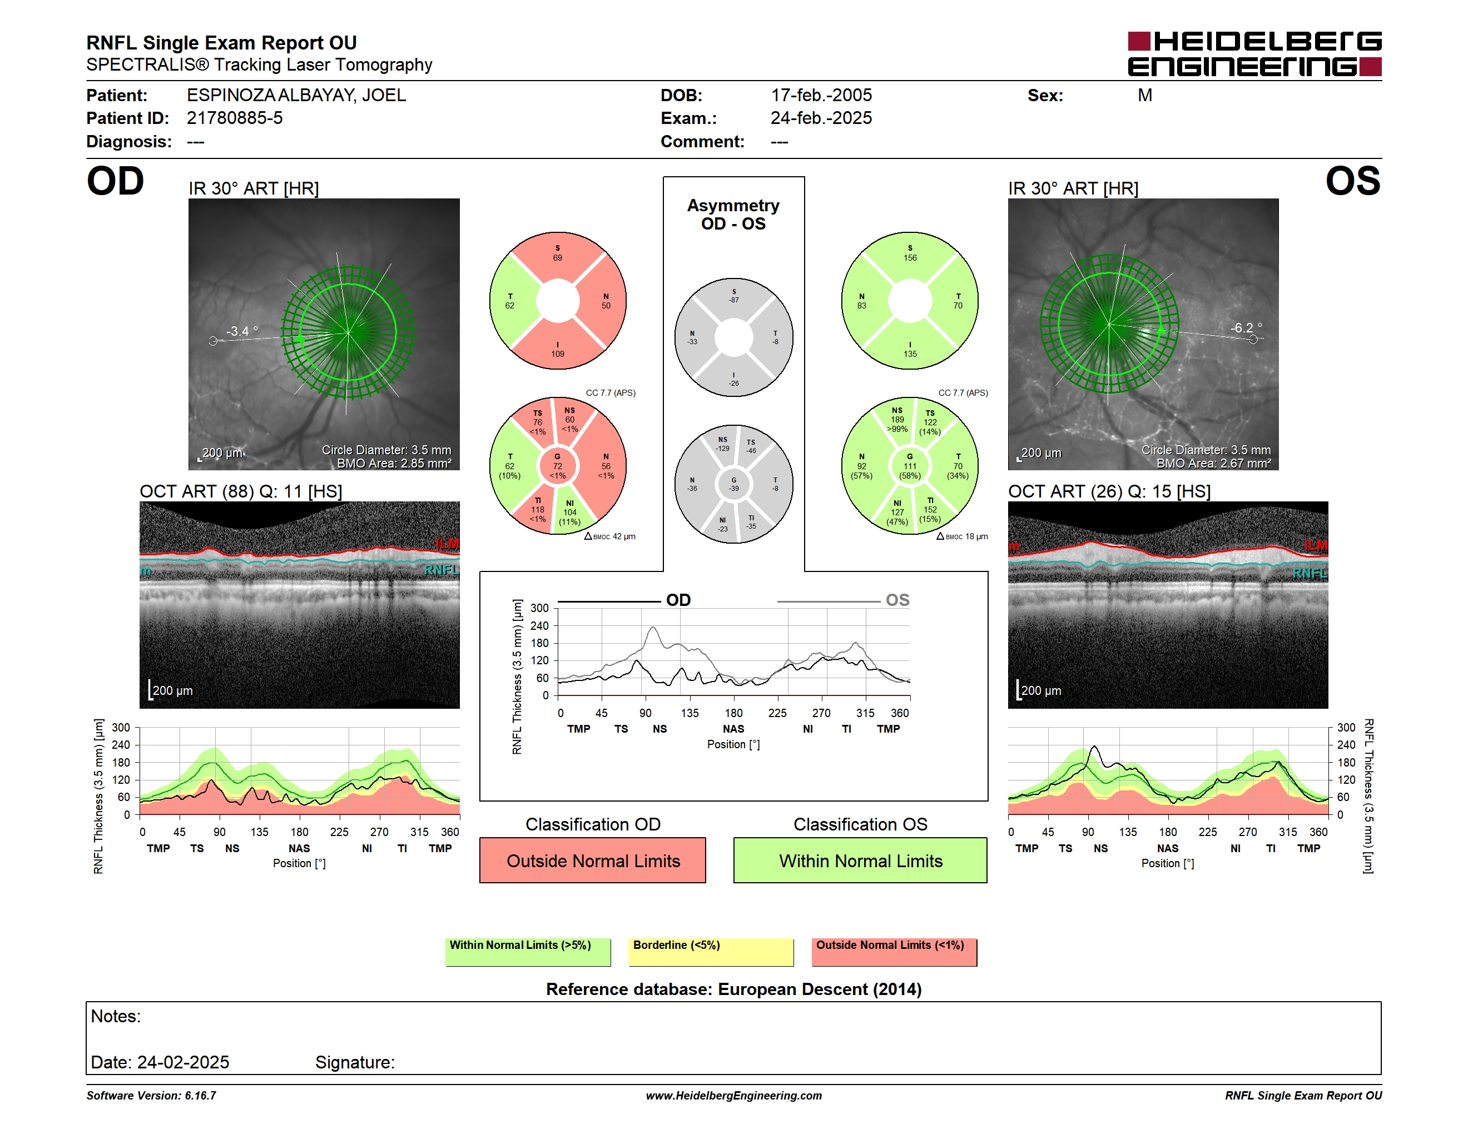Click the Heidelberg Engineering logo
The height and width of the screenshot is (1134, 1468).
pos(1254,54)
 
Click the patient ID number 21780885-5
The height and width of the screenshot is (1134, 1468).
pos(235,118)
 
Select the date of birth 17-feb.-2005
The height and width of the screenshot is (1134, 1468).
pos(821,96)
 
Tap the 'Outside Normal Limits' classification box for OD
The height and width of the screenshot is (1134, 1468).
pos(593,860)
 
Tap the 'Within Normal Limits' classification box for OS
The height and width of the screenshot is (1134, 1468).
pos(860,860)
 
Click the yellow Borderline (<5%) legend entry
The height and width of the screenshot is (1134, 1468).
pos(711,951)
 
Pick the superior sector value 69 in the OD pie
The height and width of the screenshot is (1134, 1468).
pos(557,257)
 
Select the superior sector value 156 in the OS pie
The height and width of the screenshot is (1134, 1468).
pos(910,257)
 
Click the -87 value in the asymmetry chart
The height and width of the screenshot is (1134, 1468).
pos(734,300)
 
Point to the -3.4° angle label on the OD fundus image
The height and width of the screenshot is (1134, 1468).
pos(242,331)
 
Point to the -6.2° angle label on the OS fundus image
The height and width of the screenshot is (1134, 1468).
pos(1246,327)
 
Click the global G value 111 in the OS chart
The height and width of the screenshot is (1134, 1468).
pos(910,466)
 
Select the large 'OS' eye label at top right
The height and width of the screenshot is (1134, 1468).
pos(1352,181)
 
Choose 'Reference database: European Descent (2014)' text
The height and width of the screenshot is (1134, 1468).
pos(733,989)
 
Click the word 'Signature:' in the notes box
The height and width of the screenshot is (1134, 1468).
pos(355,1062)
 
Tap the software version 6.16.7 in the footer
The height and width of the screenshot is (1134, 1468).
pos(200,1095)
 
